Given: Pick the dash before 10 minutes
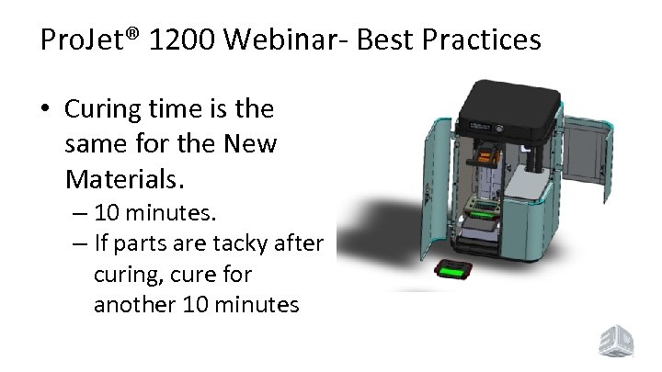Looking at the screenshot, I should click(x=77, y=214).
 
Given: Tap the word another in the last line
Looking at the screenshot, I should click(x=134, y=304).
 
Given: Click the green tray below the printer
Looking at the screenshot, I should click(x=453, y=271).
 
